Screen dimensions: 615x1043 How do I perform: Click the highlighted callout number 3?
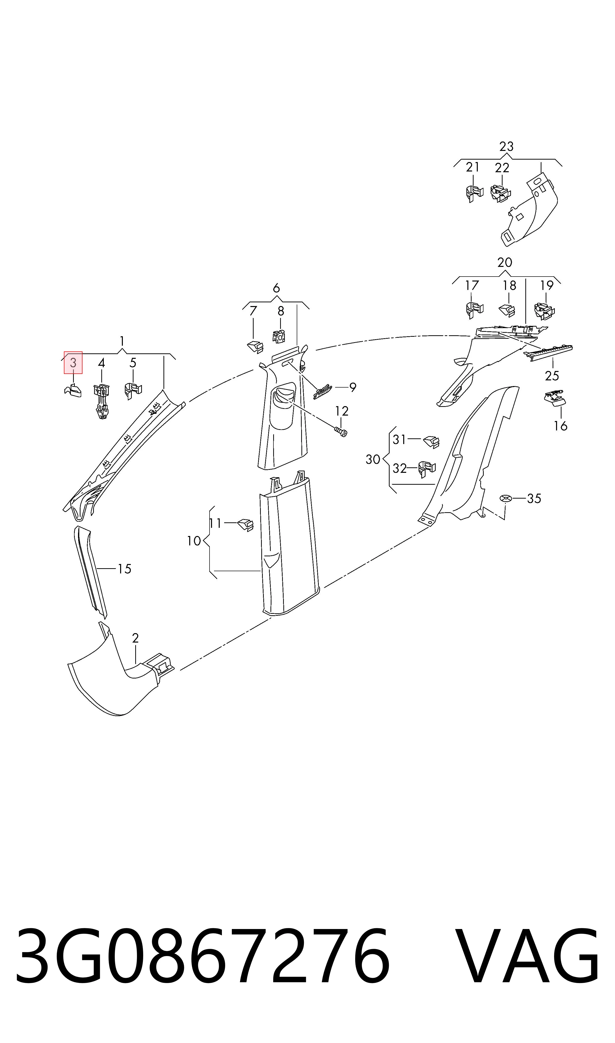pyautogui.click(x=73, y=363)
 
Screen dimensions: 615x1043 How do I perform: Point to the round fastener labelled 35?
pyautogui.click(x=505, y=498)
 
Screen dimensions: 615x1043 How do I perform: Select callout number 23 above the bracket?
pyautogui.click(x=507, y=146)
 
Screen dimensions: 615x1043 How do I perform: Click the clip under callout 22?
pyautogui.click(x=501, y=194)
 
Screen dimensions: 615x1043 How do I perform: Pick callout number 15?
pyautogui.click(x=124, y=569)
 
